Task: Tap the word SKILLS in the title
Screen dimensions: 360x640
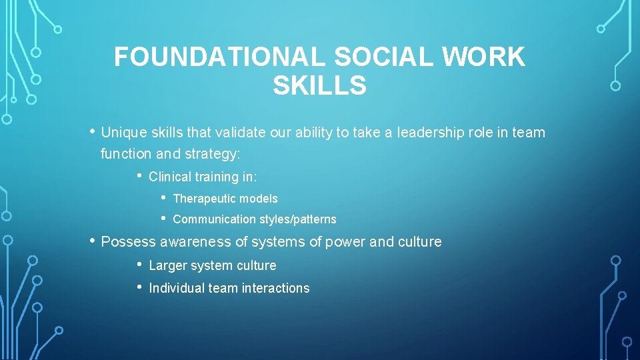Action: click(x=319, y=86)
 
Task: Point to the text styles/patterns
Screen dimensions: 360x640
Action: click(x=298, y=219)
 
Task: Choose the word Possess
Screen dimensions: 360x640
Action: click(x=128, y=241)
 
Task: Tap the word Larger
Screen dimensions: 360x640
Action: click(x=167, y=265)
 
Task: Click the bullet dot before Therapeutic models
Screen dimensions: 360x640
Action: click(x=163, y=197)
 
